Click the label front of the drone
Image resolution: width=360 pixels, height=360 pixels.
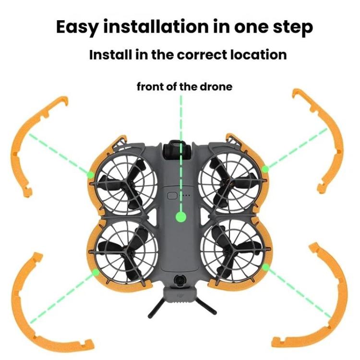pos(184,87)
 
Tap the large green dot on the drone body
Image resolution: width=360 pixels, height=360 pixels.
pos(180,217)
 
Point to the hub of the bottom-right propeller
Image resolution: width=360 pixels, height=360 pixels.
pos(230,252)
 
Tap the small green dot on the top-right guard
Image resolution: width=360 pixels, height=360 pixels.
pos(265,168)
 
